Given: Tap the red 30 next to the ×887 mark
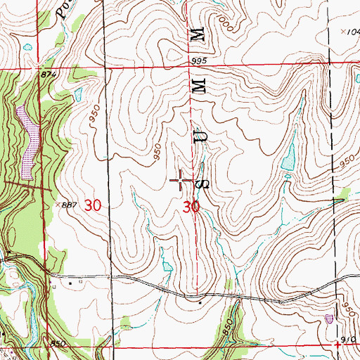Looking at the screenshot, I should pos(92,205).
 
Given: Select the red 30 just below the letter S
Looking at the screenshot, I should pos(191,207).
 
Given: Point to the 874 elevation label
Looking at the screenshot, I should pos(48,75).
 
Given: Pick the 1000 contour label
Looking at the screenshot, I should pos(226,26).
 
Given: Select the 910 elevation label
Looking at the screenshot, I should pos(347,338).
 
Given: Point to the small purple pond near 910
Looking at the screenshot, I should pos(329,319).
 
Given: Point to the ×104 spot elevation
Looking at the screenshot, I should pos(349,32).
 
